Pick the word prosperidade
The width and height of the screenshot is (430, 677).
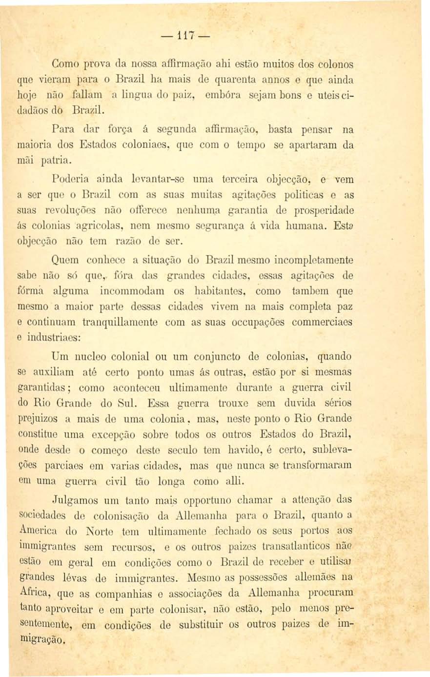[x=323, y=211]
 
